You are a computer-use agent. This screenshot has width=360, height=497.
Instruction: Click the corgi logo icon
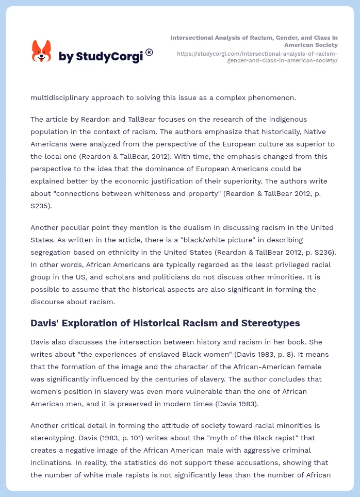point(42,52)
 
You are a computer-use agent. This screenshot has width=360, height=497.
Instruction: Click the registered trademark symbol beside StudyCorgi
point(149,52)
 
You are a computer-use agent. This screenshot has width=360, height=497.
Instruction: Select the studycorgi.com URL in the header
point(257,57)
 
